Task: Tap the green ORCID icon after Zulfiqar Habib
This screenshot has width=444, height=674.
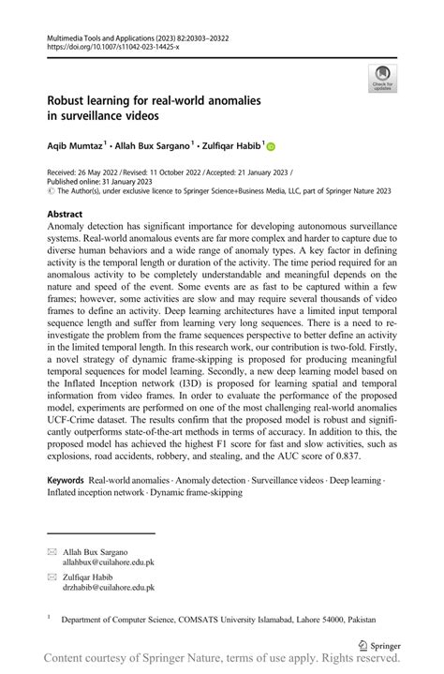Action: tap(273, 146)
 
